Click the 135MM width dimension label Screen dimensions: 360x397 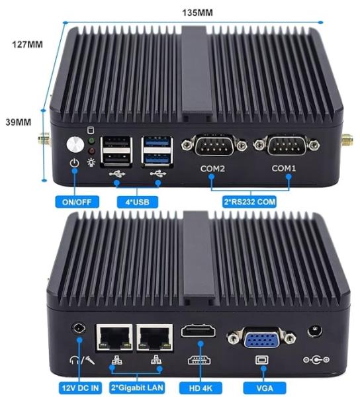pos(197,13)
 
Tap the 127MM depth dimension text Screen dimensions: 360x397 pos(28,44)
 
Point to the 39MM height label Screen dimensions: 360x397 pos(19,122)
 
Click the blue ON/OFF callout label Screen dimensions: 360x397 pos(77,202)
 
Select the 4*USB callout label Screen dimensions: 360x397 pos(138,202)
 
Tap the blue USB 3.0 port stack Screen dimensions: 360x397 pos(157,152)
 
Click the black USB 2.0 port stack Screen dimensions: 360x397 pos(116,152)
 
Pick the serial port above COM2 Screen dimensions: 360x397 pos(214,145)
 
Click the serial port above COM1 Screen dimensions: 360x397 pos(287,145)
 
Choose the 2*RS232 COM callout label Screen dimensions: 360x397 pos(249,202)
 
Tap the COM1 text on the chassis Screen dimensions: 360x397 pos(283,168)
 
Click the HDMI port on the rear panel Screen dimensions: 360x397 pos(199,331)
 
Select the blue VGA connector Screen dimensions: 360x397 pos(261,337)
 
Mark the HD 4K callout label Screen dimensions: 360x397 pos(201,388)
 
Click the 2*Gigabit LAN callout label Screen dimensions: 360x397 pos(137,388)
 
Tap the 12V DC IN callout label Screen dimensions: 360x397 pos(80,388)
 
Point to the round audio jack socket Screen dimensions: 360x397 pos(79,329)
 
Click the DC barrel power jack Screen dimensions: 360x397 pos(315,331)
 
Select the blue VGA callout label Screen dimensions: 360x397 pos(265,388)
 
